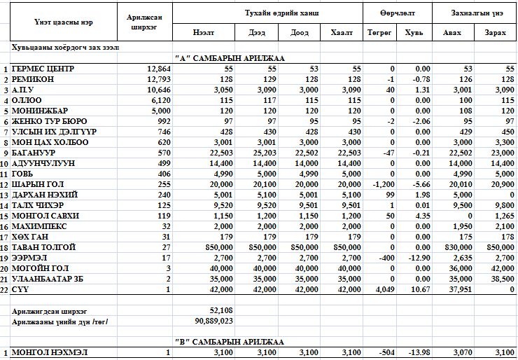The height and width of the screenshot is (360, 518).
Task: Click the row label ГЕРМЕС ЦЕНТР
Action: (43, 69)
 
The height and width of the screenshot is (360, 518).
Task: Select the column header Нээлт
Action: (204, 33)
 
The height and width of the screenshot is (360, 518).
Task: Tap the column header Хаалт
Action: (342, 33)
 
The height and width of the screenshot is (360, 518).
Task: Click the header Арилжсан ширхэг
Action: (147, 22)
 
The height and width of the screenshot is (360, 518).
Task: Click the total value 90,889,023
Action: (211, 321)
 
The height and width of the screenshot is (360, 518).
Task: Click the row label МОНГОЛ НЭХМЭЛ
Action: (46, 352)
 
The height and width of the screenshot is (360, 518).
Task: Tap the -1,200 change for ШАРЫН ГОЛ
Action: (381, 184)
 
